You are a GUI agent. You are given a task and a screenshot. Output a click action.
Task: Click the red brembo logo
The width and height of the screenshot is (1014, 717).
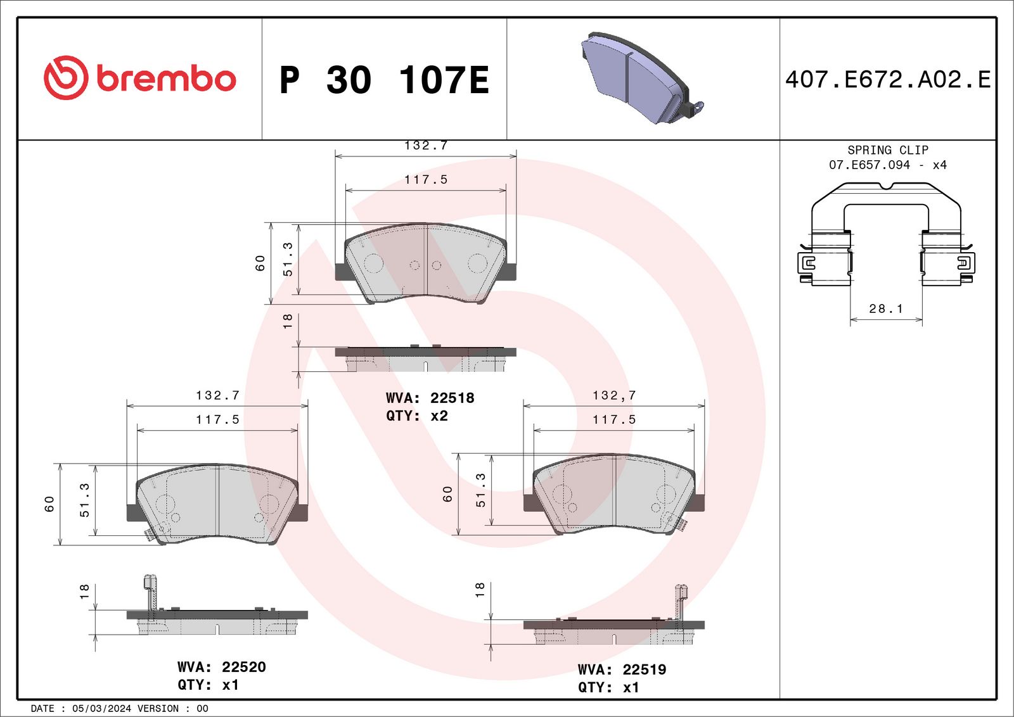(x=140, y=78)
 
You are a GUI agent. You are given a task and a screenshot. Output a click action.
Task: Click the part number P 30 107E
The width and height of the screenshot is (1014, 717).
(x=384, y=80)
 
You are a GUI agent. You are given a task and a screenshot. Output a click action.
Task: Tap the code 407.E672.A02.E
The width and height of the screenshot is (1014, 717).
(x=888, y=80)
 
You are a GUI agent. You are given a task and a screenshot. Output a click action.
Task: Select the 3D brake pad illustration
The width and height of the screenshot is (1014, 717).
(x=643, y=77)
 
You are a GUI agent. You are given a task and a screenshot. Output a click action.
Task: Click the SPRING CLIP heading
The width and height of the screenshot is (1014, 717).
(x=888, y=149)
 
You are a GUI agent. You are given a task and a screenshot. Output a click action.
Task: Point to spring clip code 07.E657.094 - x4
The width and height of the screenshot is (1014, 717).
(x=888, y=165)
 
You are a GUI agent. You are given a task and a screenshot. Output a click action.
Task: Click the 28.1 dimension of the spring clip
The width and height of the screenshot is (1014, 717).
(x=886, y=308)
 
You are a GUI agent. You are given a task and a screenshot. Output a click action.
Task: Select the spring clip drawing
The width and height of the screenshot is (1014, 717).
(x=886, y=234)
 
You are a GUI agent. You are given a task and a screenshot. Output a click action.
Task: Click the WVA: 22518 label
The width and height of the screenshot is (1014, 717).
(x=430, y=398)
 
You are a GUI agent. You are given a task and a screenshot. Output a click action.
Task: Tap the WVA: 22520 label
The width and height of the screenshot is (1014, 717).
(x=221, y=667)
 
